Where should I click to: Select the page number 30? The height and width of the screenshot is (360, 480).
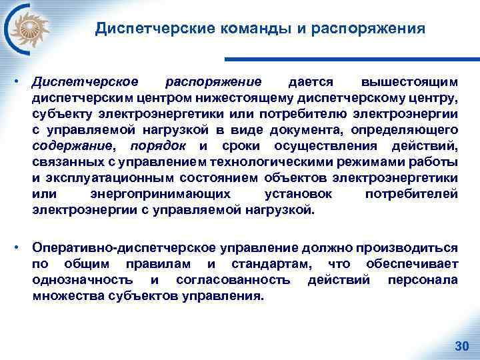(461, 345)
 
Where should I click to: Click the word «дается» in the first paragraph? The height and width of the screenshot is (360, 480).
(310, 83)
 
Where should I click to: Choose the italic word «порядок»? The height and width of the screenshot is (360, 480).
(157, 146)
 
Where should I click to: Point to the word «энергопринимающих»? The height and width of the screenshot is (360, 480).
(161, 194)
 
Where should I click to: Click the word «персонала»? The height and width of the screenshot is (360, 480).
(423, 280)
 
